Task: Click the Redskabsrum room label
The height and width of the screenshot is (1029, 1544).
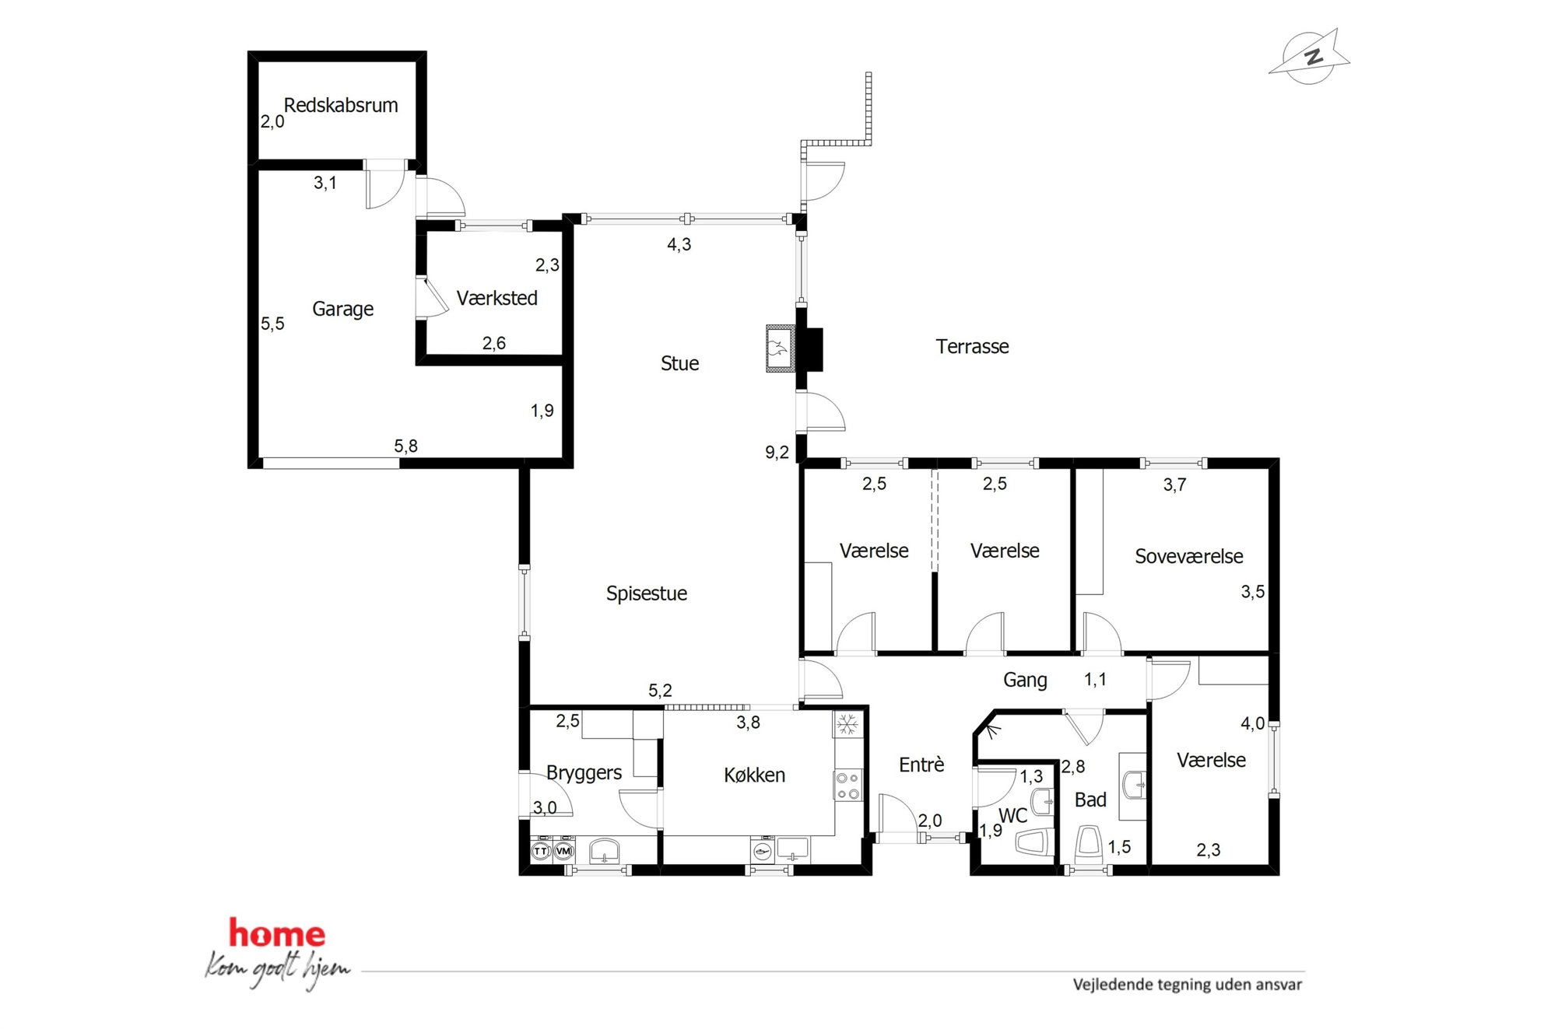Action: (x=341, y=105)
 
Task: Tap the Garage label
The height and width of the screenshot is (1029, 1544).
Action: (x=342, y=309)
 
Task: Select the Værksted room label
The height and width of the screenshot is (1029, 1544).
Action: (x=497, y=298)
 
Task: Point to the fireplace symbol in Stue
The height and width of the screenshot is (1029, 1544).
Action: (x=779, y=348)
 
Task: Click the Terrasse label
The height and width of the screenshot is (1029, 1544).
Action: (x=972, y=346)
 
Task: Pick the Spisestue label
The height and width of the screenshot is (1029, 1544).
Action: (x=647, y=593)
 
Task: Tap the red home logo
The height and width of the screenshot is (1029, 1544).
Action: (x=277, y=933)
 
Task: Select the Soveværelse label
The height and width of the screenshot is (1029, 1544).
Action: (x=1188, y=556)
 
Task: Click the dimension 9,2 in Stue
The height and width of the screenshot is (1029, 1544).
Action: (x=777, y=452)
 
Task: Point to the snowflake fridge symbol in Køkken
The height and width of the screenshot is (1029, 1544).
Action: (x=847, y=724)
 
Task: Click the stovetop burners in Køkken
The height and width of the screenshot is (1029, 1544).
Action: (x=847, y=786)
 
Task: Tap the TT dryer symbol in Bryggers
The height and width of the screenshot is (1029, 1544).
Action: (x=541, y=851)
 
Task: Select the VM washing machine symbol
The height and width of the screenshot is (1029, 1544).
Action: (x=563, y=851)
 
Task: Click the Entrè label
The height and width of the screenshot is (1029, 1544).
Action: (x=921, y=765)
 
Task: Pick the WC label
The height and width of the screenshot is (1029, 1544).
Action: (x=1012, y=815)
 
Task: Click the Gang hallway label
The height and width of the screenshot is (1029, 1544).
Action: (x=1025, y=680)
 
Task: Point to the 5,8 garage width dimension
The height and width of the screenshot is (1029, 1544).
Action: (x=405, y=446)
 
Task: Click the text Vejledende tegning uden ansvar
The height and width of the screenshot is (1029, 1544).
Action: (x=1187, y=984)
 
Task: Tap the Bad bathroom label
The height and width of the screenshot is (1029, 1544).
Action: (x=1090, y=800)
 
